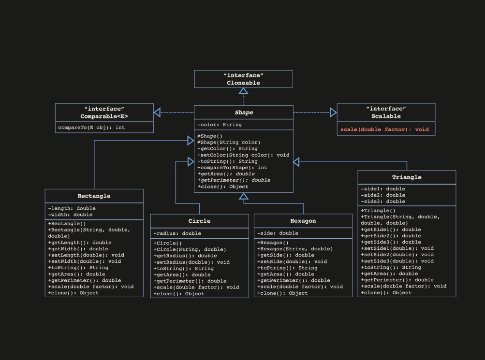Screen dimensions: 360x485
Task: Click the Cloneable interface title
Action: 243,83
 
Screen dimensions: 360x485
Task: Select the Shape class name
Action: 244,113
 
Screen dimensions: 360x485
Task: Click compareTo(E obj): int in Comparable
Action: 91,128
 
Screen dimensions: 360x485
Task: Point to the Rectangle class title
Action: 94,196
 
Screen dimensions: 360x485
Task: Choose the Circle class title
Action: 199,221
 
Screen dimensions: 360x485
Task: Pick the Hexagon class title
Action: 303,221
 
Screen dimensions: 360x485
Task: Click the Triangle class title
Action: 407,177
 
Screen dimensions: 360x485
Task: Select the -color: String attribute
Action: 220,125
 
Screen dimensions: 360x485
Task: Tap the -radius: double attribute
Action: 177,233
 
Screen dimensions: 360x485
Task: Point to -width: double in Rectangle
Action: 70,215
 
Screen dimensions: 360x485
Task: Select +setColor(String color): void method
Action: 243,155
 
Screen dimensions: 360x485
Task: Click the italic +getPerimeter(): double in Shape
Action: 234,180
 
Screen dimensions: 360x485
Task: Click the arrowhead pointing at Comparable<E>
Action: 157,113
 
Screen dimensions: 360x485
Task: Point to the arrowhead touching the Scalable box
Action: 333,113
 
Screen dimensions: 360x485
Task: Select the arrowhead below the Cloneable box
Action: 244,91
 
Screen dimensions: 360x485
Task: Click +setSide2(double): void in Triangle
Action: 397,255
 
